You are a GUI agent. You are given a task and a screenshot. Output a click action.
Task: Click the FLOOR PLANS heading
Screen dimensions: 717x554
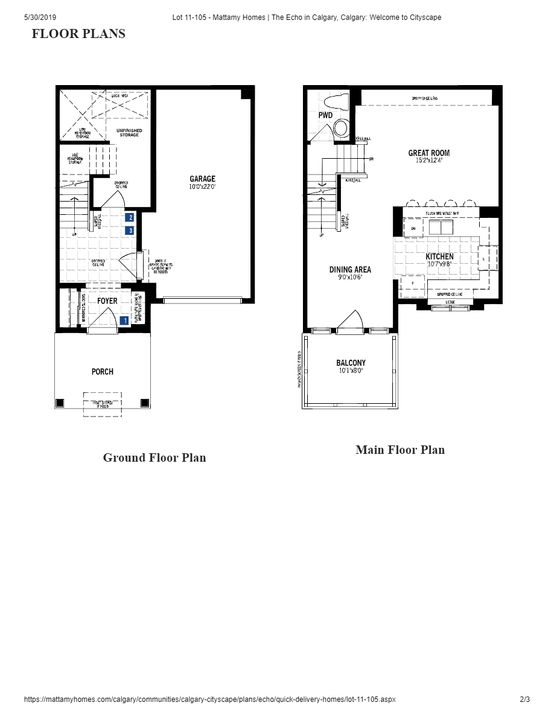click(78, 34)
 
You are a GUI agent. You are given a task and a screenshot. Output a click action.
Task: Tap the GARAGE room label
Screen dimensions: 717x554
click(202, 179)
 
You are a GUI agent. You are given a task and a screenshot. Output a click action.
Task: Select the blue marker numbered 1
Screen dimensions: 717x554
click(125, 320)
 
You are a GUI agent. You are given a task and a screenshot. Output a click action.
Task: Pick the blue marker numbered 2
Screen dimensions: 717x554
click(130, 218)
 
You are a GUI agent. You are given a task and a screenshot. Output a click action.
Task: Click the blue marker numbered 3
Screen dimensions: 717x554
click(130, 231)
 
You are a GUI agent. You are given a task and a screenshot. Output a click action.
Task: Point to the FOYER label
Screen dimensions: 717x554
click(107, 301)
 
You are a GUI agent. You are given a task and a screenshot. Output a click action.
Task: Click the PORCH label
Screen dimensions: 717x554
click(103, 372)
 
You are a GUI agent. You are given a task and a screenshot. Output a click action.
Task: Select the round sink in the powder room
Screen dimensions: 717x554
click(342, 128)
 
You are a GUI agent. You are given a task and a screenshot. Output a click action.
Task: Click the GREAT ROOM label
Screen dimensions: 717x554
click(428, 153)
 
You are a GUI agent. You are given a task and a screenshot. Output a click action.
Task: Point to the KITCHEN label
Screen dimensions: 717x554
click(439, 257)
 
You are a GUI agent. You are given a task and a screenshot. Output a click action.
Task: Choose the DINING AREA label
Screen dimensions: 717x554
click(350, 270)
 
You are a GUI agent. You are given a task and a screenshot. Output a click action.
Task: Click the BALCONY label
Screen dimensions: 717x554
click(351, 363)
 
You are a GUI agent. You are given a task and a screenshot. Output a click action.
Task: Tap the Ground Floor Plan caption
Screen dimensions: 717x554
click(154, 457)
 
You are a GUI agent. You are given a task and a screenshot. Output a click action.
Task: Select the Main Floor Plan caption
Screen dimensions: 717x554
click(400, 450)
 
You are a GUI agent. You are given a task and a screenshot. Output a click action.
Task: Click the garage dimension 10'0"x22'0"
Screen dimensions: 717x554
click(202, 187)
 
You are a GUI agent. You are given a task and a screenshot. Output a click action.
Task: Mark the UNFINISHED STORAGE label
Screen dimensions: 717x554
click(129, 132)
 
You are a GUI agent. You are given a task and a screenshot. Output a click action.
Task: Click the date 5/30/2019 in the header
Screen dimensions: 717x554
click(40, 18)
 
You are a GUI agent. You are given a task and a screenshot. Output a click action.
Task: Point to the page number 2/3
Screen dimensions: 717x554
click(524, 699)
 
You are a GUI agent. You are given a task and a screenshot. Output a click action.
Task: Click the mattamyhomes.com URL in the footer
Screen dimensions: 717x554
click(209, 699)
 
